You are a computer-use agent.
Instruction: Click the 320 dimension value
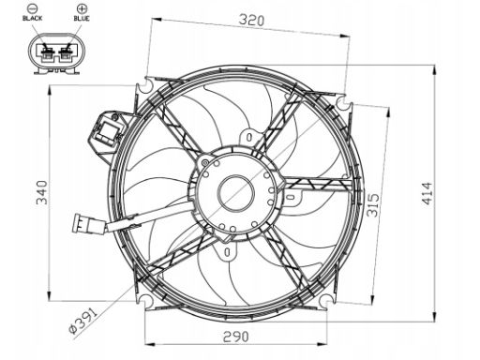pyautogui.click(x=251, y=21)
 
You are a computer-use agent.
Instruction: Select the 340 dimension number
pyautogui.click(x=41, y=192)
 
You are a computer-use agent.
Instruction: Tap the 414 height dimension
pyautogui.click(x=427, y=193)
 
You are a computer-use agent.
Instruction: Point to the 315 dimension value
pyautogui.click(x=373, y=205)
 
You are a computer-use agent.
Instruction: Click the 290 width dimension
pyautogui.click(x=236, y=337)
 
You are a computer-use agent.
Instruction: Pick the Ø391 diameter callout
pyautogui.click(x=83, y=321)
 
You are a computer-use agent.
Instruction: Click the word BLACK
pyautogui.click(x=33, y=18)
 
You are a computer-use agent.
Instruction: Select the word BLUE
pyautogui.click(x=82, y=18)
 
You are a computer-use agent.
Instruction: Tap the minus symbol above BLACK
pyautogui.click(x=32, y=7)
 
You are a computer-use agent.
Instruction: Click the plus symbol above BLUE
pyautogui.click(x=82, y=7)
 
